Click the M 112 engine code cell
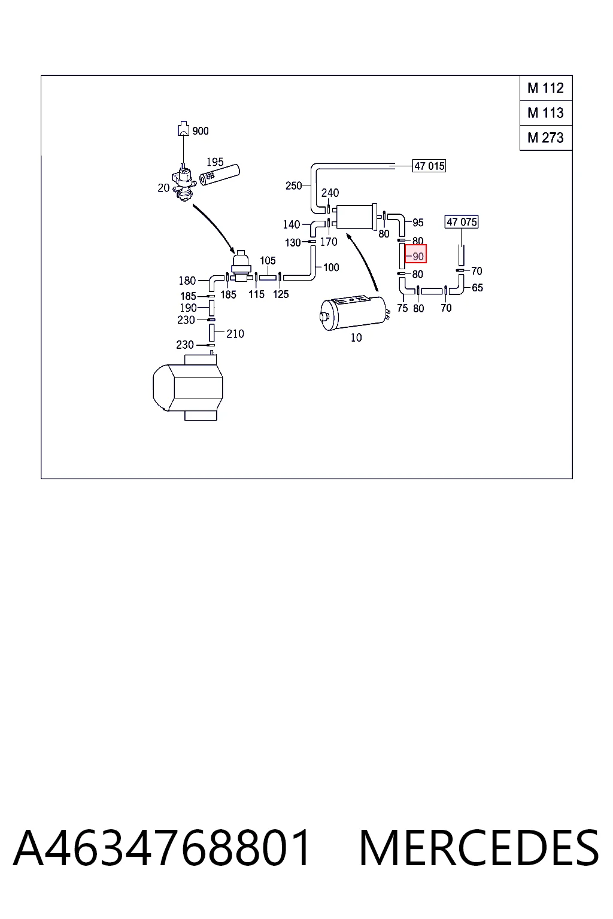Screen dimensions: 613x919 tap(546, 88)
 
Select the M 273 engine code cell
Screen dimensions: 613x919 tap(546, 138)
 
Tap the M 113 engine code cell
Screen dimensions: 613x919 tap(546, 113)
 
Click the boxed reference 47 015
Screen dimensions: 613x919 tap(429, 166)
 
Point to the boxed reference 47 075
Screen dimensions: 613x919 tap(462, 222)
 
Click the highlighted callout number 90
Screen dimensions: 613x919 tap(416, 254)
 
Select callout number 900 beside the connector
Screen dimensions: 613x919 tap(201, 131)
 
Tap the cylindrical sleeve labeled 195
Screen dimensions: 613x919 tap(219, 175)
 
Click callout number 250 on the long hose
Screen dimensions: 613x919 tap(293, 186)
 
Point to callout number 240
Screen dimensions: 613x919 tap(330, 193)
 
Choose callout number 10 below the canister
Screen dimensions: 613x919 tap(356, 337)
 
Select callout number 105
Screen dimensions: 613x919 tap(268, 260)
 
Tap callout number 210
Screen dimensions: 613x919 tap(235, 334)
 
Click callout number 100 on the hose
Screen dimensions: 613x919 tap(331, 267)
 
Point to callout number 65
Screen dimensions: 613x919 tap(477, 288)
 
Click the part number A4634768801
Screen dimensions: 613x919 tap(162, 848)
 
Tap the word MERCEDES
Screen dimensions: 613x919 tap(479, 848)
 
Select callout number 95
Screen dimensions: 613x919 tap(418, 223)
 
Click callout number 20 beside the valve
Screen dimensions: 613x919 tap(163, 188)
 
